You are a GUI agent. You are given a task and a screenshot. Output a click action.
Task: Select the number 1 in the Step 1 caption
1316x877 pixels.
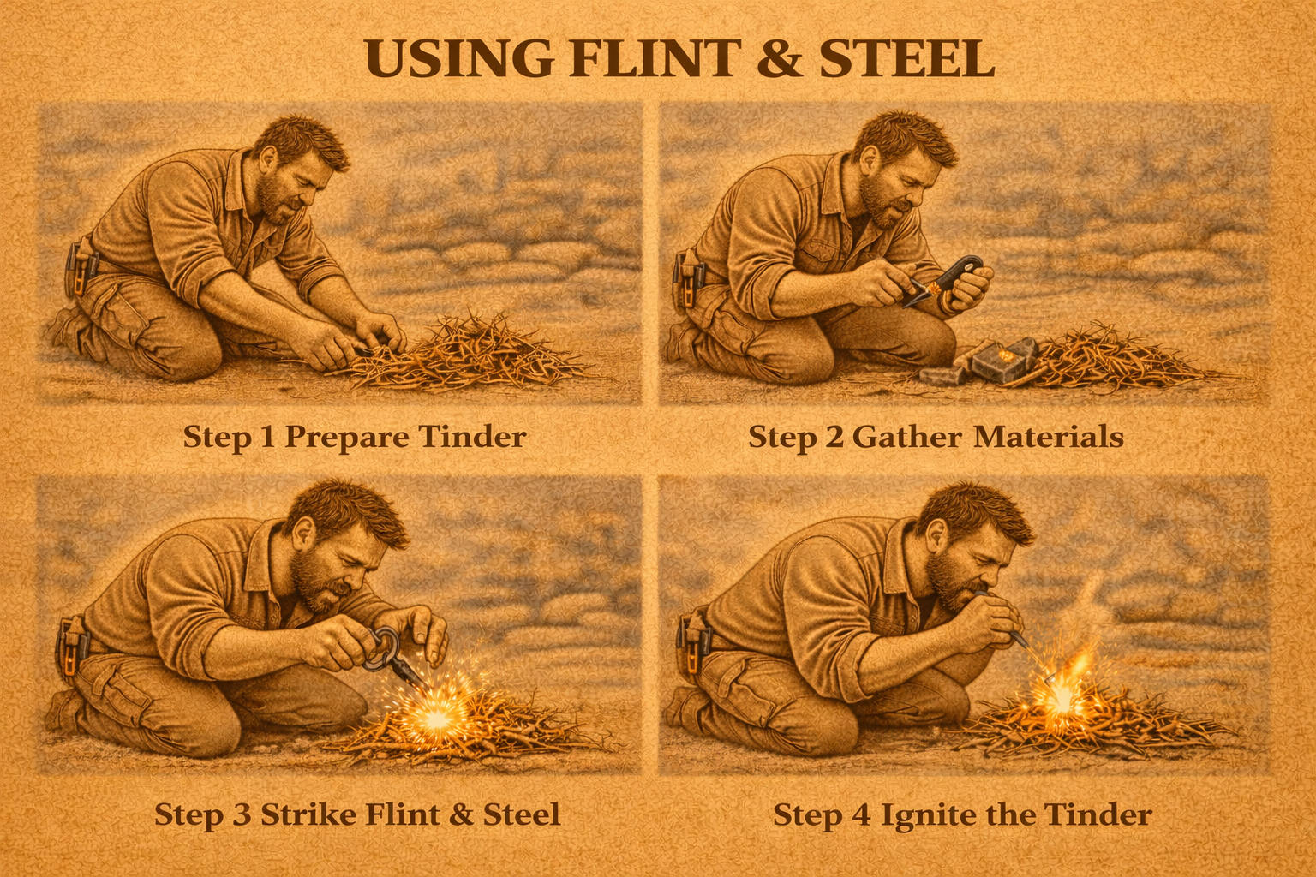tap(266, 437)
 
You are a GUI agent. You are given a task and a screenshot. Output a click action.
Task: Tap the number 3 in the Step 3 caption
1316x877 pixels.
tap(242, 814)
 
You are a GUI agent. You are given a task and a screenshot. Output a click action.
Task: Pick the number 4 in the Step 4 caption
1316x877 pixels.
tap(861, 814)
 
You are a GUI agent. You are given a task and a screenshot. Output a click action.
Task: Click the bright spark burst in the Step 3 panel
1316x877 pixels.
tap(434, 717)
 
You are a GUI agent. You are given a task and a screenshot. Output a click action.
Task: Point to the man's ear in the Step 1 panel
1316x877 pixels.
tap(269, 158)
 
